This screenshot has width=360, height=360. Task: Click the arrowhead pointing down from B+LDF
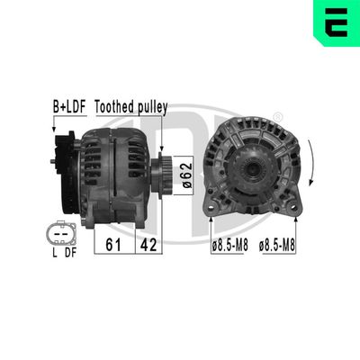pos(57,132)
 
